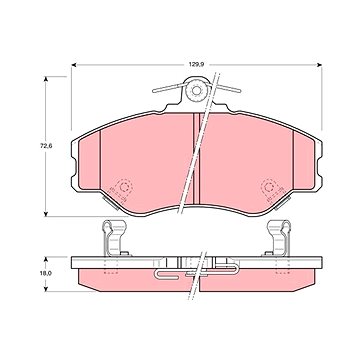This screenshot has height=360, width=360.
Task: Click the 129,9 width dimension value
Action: pos(196,65)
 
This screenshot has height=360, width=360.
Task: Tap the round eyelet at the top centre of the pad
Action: pos(197,90)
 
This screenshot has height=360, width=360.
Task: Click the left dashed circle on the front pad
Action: pos(124,187)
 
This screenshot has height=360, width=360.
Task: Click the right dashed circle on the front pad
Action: pos(267,187)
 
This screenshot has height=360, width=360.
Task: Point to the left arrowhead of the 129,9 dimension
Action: pos(74,65)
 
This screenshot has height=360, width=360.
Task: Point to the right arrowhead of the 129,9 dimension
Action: pos(319,65)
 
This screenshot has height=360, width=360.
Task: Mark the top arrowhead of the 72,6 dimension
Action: pos(46,79)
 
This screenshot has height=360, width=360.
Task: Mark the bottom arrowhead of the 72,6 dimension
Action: pos(46,213)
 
